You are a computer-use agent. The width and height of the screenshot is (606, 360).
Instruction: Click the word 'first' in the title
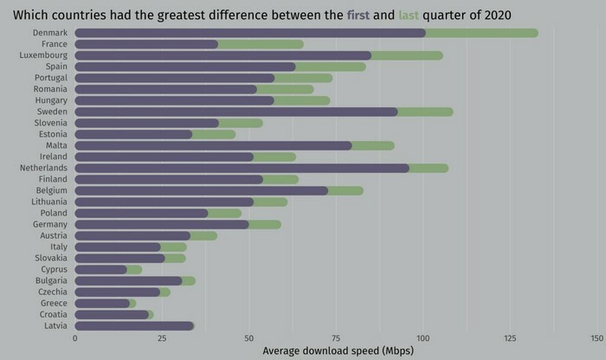(x=358, y=14)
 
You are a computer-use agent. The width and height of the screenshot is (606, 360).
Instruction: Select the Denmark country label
(x=50, y=33)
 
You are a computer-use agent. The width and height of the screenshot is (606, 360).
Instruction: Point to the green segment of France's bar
(x=261, y=44)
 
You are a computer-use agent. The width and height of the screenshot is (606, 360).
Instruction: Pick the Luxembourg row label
(x=44, y=55)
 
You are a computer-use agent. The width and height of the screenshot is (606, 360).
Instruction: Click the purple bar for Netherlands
(x=242, y=168)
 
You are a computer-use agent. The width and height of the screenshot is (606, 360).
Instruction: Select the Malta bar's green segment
(x=372, y=145)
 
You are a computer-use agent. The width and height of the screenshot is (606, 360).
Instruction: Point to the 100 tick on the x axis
(x=422, y=338)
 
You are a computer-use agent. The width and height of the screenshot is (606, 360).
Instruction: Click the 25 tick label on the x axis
(x=162, y=338)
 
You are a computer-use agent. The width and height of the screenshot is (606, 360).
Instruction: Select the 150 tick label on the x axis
(x=596, y=338)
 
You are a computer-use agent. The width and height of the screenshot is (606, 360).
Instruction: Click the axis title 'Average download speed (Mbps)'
(x=337, y=350)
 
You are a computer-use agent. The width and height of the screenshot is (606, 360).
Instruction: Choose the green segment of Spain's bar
(x=330, y=67)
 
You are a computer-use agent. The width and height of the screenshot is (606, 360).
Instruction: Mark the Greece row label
(x=54, y=304)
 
